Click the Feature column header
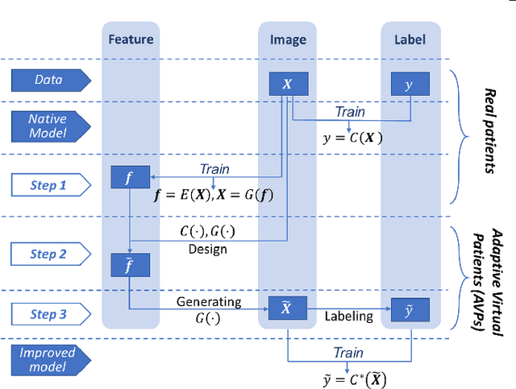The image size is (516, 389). pos(131,39)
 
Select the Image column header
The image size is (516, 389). pos(288,39)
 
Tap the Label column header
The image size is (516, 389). pos(410,39)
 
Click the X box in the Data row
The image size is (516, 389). pos(288,84)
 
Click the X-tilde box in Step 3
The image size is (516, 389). pos(288,309)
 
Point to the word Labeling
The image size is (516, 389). pos(348,316)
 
